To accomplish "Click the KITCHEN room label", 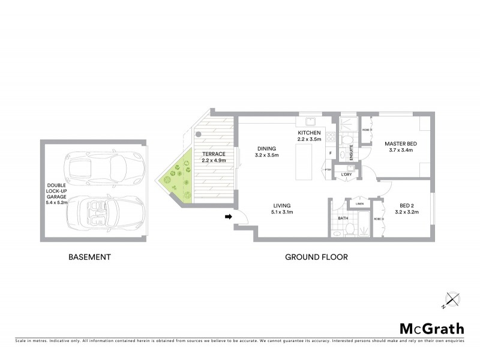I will (x=310, y=132).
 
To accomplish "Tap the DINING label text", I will (x=266, y=149).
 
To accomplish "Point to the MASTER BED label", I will (x=401, y=144).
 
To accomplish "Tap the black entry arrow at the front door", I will (x=229, y=217).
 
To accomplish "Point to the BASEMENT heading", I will (x=89, y=257).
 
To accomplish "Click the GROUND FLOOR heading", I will (x=316, y=257).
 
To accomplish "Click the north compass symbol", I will (x=452, y=298).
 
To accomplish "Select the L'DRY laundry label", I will (x=346, y=175).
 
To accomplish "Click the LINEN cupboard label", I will (x=359, y=204).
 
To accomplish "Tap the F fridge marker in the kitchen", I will (x=331, y=154).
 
